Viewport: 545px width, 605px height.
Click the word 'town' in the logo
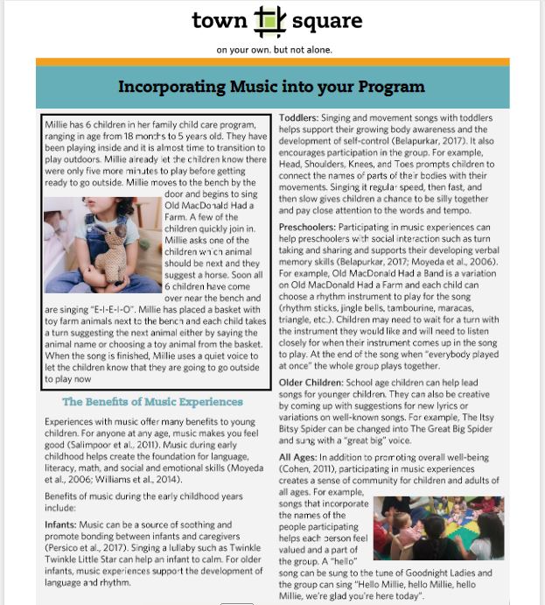[219, 20]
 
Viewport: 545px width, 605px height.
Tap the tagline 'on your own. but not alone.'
[274, 50]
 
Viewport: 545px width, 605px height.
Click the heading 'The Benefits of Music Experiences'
[152, 402]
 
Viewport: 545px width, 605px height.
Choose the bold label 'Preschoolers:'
[307, 228]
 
